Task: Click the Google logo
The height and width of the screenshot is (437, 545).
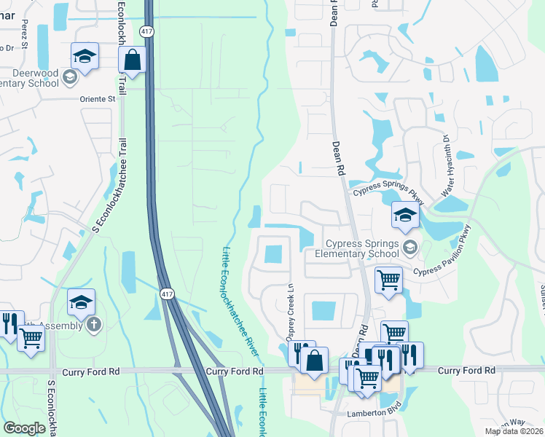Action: coord(24,428)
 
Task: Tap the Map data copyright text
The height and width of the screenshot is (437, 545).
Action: coord(514,431)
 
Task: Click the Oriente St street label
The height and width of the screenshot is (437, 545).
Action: coord(102,98)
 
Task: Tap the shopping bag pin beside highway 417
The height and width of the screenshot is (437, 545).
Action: coord(133,60)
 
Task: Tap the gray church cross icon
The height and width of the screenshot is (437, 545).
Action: coord(93,325)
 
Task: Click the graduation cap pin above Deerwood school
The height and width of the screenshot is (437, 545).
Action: coord(85,57)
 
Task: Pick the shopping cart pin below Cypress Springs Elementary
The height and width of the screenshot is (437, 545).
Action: coord(388,279)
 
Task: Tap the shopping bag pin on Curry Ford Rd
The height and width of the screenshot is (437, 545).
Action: coord(314,361)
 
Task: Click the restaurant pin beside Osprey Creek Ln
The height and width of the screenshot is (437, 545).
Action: coord(301,353)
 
